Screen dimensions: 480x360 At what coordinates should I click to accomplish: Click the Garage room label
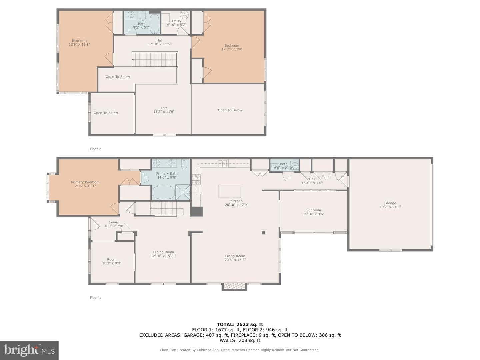pos(390,203)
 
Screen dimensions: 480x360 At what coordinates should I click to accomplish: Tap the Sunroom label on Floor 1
pos(313,210)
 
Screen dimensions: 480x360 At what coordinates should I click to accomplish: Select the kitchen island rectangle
pos(230,191)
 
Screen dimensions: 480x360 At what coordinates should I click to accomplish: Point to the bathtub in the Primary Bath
pos(164,192)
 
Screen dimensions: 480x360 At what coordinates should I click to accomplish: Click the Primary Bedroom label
pos(85,182)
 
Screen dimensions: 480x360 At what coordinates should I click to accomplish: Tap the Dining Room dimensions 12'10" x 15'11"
pos(164,256)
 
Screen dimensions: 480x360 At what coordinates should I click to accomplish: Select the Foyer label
pos(113,222)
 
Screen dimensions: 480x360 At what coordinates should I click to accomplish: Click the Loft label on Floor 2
pos(164,108)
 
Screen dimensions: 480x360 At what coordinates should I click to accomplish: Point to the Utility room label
pos(176,21)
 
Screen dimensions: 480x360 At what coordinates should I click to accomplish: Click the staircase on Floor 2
pos(155,59)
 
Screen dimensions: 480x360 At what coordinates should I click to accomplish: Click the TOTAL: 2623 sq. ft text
pos(240,324)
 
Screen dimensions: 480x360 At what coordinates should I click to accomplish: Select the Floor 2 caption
pos(95,149)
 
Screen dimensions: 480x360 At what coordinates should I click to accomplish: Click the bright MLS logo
pos(29,350)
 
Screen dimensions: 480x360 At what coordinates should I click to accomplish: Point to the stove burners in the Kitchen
pos(196,179)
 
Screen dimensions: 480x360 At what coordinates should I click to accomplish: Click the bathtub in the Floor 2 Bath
pos(155,24)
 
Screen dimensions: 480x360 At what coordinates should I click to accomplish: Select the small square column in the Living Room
pos(264,233)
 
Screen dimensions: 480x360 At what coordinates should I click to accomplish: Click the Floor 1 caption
pos(95,297)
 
